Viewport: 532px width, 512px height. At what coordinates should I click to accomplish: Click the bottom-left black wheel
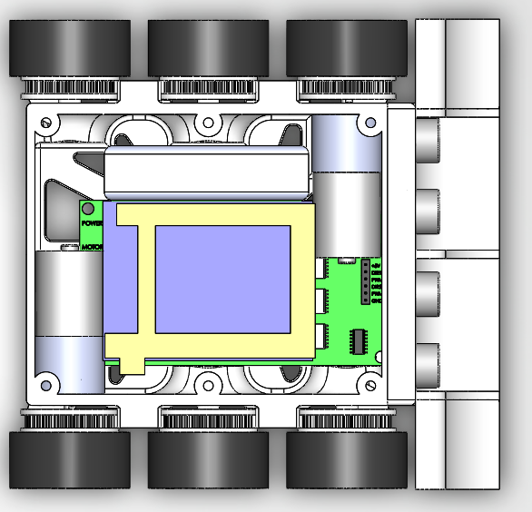(69, 460)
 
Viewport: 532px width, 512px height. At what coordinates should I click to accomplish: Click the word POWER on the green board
(91, 222)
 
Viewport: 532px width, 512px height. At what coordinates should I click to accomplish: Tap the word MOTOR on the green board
(92, 246)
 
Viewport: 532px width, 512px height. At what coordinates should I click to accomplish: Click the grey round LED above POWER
(88, 210)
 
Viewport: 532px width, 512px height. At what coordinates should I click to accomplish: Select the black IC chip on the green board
(359, 341)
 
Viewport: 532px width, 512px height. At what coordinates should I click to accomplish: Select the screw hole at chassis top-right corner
(369, 120)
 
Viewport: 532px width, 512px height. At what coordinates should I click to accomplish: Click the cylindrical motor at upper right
(345, 182)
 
